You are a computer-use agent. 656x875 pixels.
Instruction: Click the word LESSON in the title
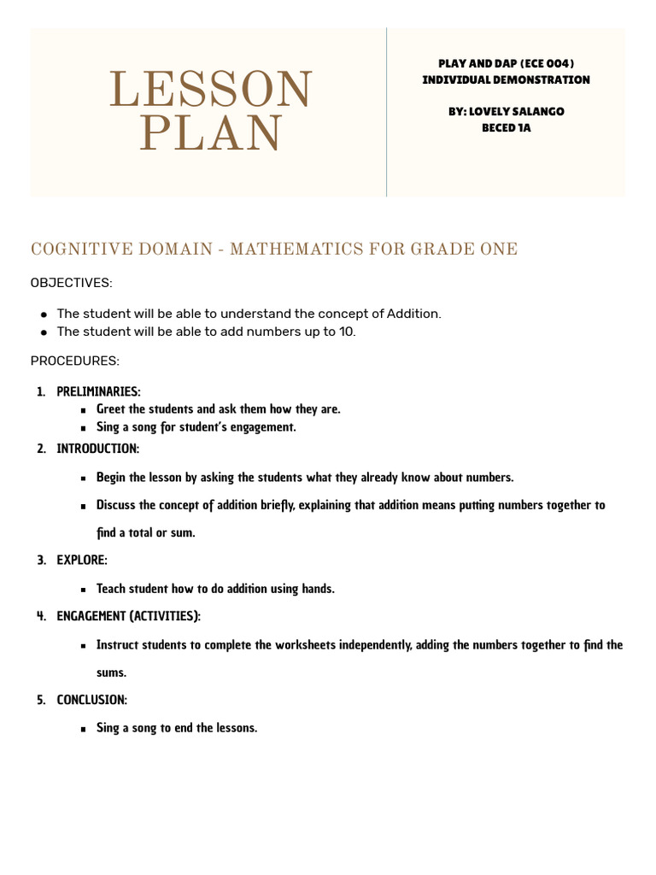coord(211,90)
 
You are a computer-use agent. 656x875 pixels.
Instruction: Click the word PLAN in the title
coord(211,133)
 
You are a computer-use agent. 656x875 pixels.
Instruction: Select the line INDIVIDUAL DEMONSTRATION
coord(506,79)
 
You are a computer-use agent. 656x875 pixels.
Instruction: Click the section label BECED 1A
coord(507,127)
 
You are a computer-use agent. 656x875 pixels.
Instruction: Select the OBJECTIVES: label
coord(72,282)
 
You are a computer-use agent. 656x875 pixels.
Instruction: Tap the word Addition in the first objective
coord(413,314)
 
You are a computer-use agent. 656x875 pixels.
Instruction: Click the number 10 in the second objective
coord(346,332)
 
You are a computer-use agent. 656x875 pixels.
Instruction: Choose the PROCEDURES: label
coord(75,361)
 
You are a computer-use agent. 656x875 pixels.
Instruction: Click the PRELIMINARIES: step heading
coord(98,391)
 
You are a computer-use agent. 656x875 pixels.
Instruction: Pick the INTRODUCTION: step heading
coord(97,449)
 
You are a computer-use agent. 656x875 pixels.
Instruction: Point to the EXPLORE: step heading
coord(82,561)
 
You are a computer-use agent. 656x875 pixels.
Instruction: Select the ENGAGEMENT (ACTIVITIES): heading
coord(128,616)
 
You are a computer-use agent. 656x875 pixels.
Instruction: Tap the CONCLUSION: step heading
coord(91,700)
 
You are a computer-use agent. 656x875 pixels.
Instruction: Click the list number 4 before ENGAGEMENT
coord(41,616)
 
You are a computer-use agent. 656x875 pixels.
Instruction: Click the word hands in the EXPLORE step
coord(317,589)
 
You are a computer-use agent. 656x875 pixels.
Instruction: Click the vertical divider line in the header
coord(387,111)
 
